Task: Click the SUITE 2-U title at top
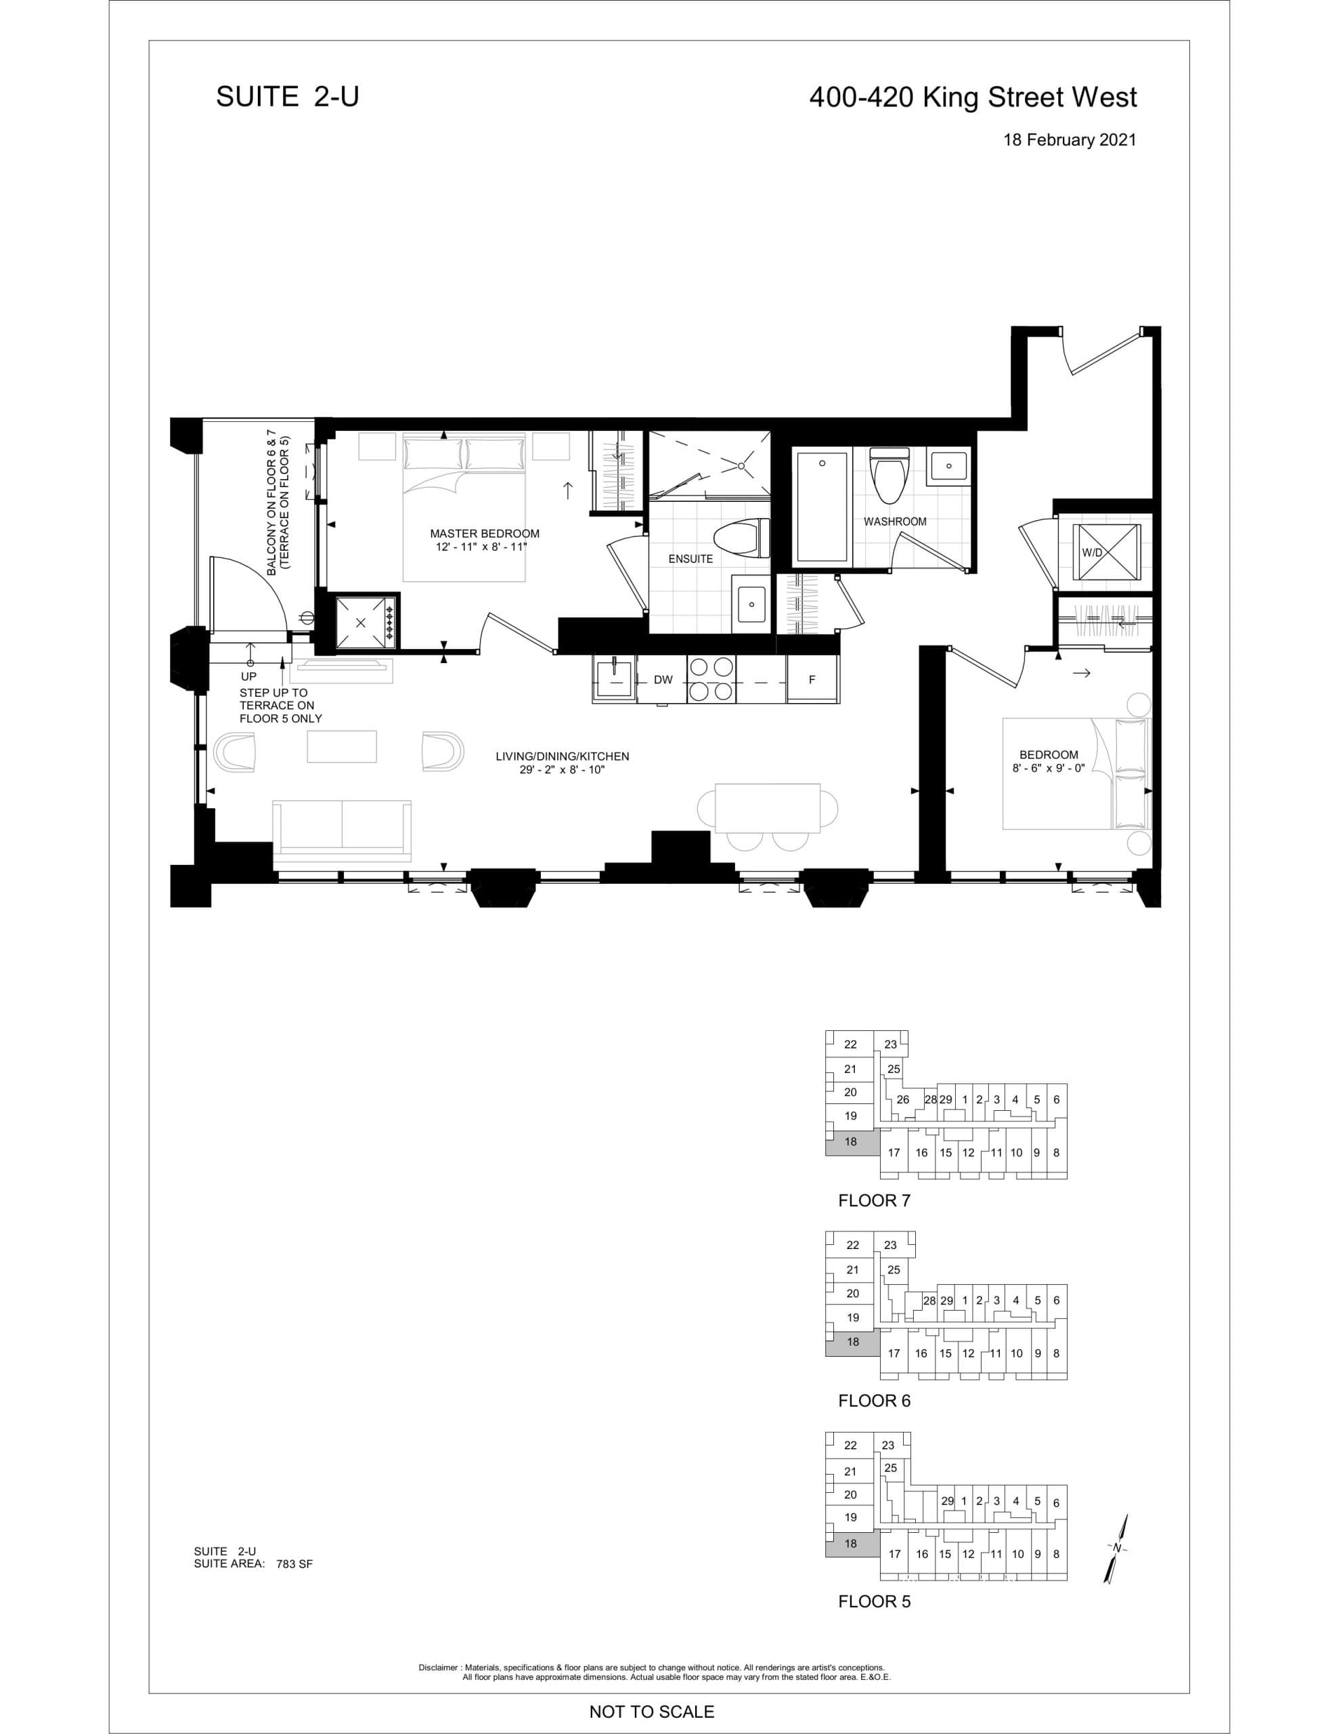tap(287, 97)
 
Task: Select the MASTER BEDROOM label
tap(484, 534)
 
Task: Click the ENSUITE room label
tap(690, 559)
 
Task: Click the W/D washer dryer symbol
tap(1104, 552)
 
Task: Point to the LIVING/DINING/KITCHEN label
tap(562, 757)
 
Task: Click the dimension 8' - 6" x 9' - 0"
tap(1048, 769)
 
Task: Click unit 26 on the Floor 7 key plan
tap(902, 1099)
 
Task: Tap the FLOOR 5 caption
tap(874, 1601)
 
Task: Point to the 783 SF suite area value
tap(294, 1565)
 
